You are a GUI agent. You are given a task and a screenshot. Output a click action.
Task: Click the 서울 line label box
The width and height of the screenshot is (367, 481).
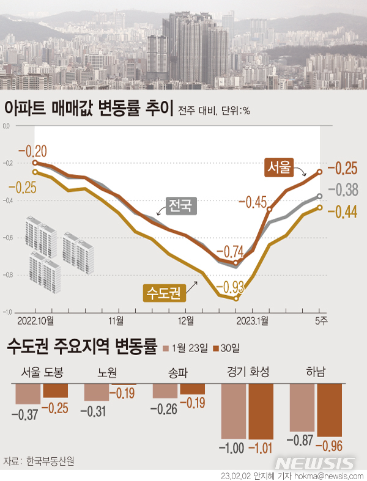click(280, 167)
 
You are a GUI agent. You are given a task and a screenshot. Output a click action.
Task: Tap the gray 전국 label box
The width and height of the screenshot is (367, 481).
click(180, 205)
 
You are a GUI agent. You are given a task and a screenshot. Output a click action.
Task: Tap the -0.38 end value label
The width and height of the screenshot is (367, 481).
click(344, 190)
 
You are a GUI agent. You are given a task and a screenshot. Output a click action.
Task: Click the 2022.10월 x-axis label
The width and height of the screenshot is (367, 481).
click(36, 320)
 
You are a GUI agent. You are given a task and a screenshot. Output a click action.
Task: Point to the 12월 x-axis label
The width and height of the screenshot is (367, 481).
click(186, 320)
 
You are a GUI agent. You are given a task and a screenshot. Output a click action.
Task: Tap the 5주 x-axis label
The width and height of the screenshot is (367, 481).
click(321, 320)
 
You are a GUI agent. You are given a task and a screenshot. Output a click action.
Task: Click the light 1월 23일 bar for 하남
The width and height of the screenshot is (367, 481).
click(302, 407)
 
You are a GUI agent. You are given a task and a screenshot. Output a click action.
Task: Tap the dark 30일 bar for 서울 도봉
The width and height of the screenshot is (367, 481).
click(56, 390)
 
